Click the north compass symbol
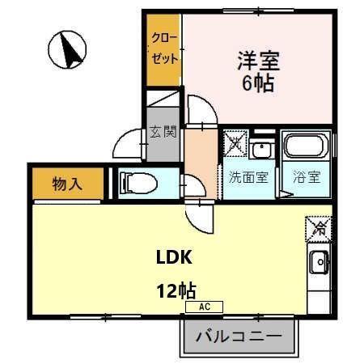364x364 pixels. coord(69,50)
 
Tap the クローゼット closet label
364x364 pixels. coord(162,48)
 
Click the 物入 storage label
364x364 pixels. coord(68,183)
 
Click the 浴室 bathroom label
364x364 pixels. coord(307,177)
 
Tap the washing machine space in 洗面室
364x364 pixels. coord(235,144)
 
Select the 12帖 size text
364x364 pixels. coord(176,289)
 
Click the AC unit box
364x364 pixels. coord(203,307)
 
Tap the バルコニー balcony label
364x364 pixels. coord(239,336)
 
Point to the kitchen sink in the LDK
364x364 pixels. coord(318,262)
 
